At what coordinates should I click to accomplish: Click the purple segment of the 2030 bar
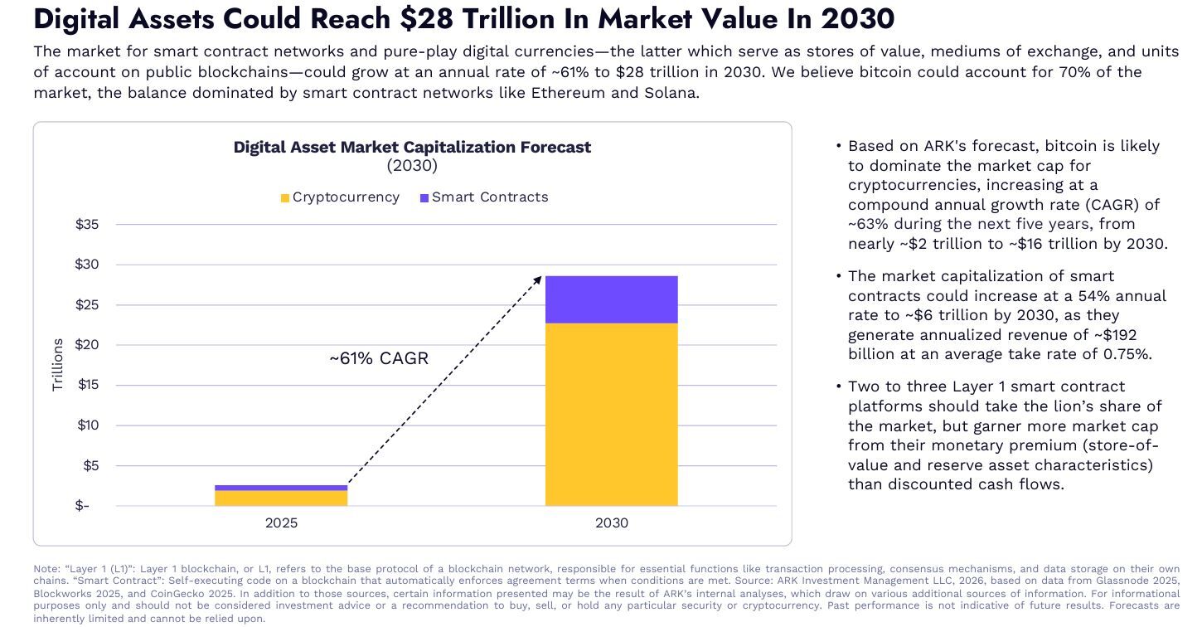611,299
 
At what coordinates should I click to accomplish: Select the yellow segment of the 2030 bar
611,414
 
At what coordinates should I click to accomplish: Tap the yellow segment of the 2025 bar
281,498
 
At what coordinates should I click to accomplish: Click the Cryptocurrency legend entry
340,197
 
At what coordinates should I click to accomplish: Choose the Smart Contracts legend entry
484,197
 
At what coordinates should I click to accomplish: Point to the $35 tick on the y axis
87,225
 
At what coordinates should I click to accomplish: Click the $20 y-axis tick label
87,345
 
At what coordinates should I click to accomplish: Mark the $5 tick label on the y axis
90,465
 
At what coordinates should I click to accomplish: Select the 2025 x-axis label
281,523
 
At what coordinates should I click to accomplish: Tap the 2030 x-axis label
611,523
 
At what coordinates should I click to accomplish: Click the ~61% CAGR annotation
379,358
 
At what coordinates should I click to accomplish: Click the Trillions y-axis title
58,365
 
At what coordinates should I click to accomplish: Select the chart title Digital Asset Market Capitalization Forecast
412,147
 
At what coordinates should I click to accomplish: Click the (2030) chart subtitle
412,165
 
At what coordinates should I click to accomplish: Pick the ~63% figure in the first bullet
867,224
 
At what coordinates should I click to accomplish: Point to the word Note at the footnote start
46,569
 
